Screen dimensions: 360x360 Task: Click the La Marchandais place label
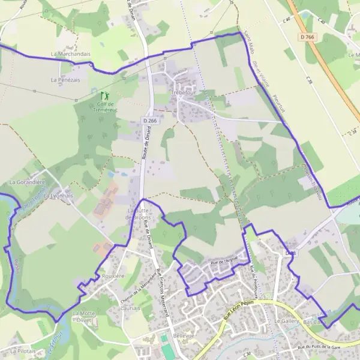tap(71, 54)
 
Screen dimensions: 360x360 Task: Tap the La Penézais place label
tap(66, 79)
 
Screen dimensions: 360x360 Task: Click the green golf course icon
tap(105, 95)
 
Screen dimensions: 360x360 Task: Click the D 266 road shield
tap(150, 121)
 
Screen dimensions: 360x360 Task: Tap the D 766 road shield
tap(307, 37)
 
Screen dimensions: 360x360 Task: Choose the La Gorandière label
tap(27, 182)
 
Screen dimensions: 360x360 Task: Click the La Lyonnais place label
tap(58, 196)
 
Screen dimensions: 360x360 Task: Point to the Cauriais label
tap(130, 308)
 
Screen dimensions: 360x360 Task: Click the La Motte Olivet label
tap(84, 317)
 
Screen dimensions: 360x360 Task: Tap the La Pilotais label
tap(23, 351)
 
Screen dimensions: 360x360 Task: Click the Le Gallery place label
tap(286, 322)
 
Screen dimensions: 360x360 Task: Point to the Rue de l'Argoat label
tap(225, 262)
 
